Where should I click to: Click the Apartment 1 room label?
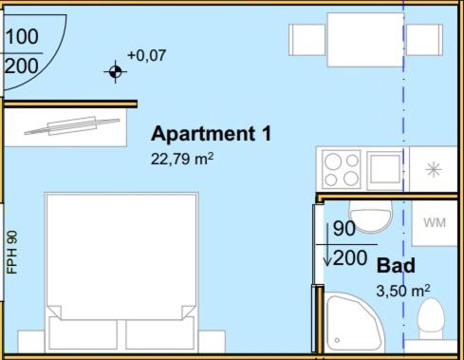pos(211,133)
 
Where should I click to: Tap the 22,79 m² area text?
pos(182,159)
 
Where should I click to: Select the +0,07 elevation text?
pos(146,55)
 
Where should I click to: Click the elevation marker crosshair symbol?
pos(116,72)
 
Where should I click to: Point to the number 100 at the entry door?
pos(22,36)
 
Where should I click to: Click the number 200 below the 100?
pos(22,66)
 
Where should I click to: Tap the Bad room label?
pos(396,265)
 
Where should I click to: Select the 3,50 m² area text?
pos(403,291)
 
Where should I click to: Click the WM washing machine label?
pos(435,222)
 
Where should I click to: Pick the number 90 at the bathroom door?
pos(344,228)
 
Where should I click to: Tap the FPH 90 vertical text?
pos(12,253)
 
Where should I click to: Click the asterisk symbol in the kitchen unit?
pos(434,169)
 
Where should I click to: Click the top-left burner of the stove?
pos(333,161)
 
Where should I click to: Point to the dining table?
pos(365,40)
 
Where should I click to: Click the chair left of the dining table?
pos(307,40)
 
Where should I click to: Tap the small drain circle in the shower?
pos(337,340)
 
